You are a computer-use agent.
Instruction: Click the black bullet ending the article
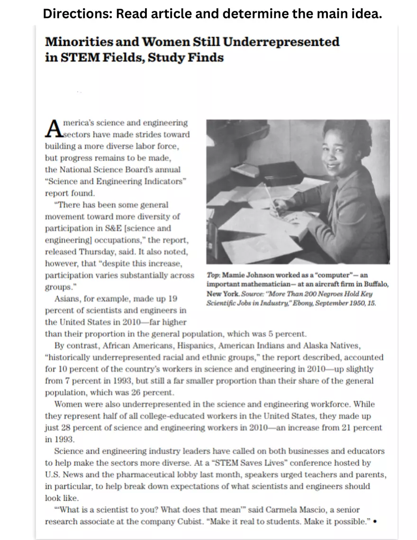pos(375,522)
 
